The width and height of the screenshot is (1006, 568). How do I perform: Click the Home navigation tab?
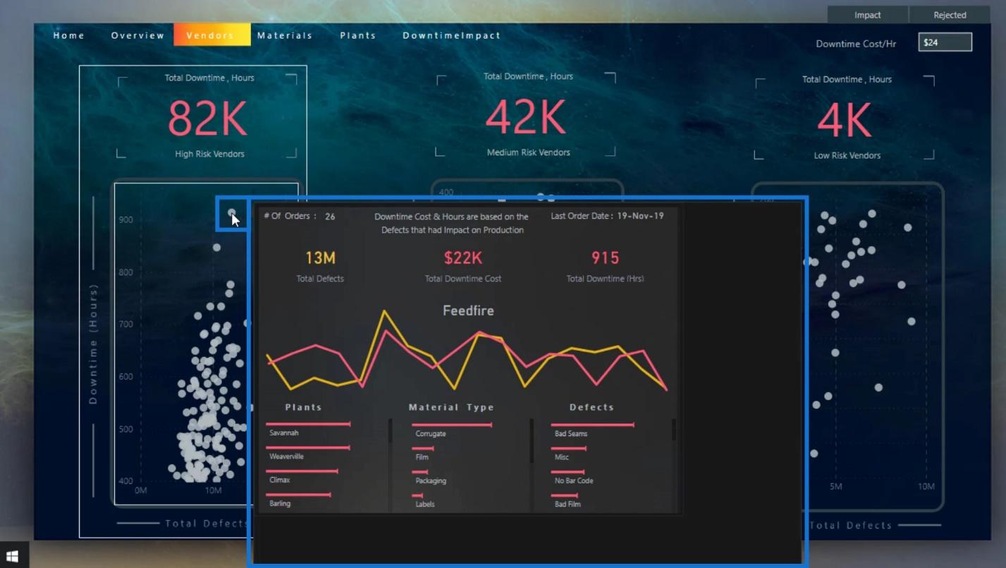click(x=68, y=35)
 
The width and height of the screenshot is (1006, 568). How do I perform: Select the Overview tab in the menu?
click(x=137, y=35)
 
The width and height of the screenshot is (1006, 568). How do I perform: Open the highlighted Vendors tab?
click(x=211, y=35)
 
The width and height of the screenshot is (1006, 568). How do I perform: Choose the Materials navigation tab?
click(x=284, y=35)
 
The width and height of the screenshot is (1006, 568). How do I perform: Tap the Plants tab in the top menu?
click(x=357, y=35)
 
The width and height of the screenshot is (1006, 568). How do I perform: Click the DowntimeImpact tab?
click(x=451, y=35)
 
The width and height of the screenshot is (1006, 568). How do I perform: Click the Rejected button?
click(x=950, y=15)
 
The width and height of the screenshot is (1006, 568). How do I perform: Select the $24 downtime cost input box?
click(x=945, y=42)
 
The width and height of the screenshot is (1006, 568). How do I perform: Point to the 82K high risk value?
click(x=207, y=119)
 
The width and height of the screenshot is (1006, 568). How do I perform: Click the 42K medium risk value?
click(x=526, y=116)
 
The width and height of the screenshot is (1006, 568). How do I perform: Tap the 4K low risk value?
click(x=845, y=120)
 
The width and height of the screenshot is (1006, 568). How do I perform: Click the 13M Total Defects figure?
click(x=320, y=258)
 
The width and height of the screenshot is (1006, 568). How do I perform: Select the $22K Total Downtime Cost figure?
click(x=462, y=258)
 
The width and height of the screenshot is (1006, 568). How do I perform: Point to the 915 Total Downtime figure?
click(x=605, y=258)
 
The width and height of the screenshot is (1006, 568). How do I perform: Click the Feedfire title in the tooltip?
click(x=468, y=310)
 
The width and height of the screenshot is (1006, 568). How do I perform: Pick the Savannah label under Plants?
click(x=284, y=433)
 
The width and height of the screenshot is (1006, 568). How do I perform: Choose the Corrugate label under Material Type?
click(x=430, y=433)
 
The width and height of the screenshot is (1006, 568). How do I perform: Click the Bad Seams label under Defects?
click(x=570, y=433)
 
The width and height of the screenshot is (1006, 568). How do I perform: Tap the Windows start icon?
click(x=12, y=557)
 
